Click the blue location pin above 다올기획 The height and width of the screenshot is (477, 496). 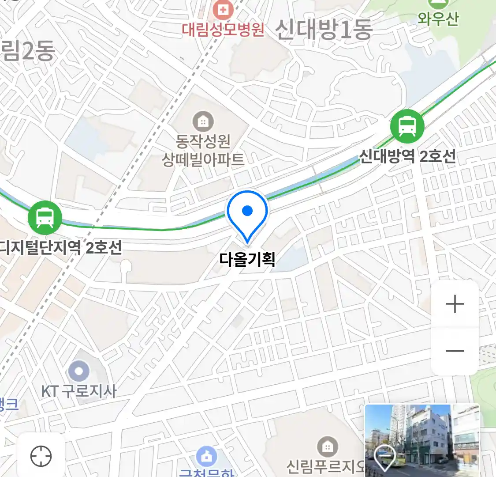click(247, 214)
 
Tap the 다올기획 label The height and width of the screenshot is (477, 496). click(247, 259)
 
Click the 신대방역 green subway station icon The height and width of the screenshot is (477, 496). click(407, 126)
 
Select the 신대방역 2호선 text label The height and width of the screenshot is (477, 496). click(407, 156)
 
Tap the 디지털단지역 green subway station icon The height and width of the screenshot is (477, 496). click(45, 217)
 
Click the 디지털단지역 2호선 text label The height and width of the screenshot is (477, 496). click(61, 247)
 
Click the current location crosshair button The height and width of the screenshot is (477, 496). click(41, 456)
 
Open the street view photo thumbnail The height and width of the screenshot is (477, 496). click(421, 440)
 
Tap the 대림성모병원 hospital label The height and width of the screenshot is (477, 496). click(223, 29)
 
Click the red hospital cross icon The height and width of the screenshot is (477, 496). click(224, 9)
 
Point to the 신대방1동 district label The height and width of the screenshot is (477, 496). click(324, 29)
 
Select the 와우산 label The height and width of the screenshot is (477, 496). click(438, 19)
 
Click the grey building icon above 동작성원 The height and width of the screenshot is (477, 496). click(203, 121)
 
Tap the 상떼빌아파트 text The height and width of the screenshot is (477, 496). click(203, 159)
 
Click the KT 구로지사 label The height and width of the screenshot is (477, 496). click(79, 391)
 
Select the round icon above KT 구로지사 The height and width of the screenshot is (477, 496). click(79, 371)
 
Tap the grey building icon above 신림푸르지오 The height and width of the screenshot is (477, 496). click(327, 447)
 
